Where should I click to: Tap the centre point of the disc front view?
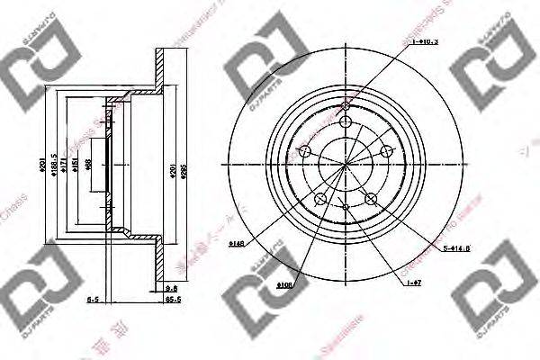click(346, 162)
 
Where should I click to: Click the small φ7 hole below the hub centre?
click(346, 205)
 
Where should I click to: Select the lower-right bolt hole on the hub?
click(370, 197)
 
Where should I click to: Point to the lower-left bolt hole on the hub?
click(321, 196)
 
